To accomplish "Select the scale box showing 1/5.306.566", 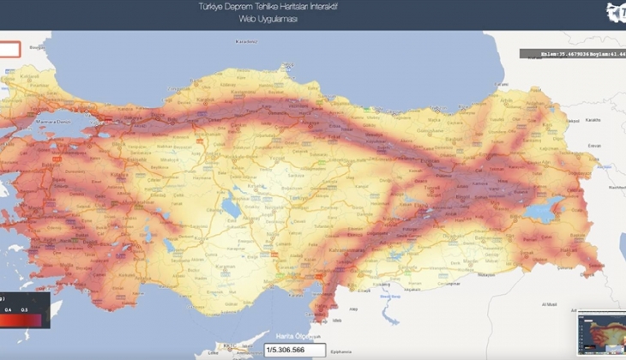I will pos(295,350).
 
